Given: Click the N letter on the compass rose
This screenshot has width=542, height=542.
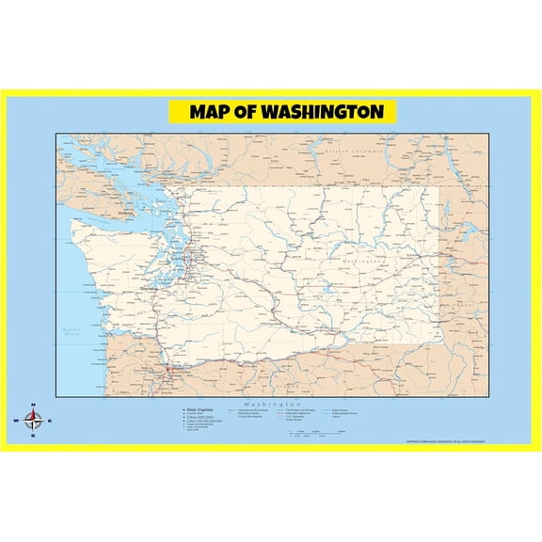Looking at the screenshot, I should (x=34, y=406).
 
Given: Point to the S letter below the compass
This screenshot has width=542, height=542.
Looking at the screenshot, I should (x=34, y=436).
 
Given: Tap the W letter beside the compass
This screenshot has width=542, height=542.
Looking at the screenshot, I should (x=17, y=421).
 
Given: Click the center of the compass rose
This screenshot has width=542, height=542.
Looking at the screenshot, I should (x=34, y=421).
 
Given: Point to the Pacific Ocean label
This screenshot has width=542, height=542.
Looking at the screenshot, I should (x=70, y=332).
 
